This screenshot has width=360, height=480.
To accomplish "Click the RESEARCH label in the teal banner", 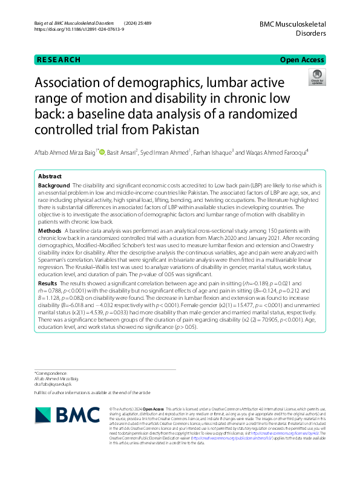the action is click(x=59, y=60).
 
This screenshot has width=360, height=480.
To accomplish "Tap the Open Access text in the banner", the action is click(x=301, y=60).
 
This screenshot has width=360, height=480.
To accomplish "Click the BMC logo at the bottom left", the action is click(x=59, y=414).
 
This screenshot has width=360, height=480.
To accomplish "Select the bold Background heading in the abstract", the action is click(x=53, y=184).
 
